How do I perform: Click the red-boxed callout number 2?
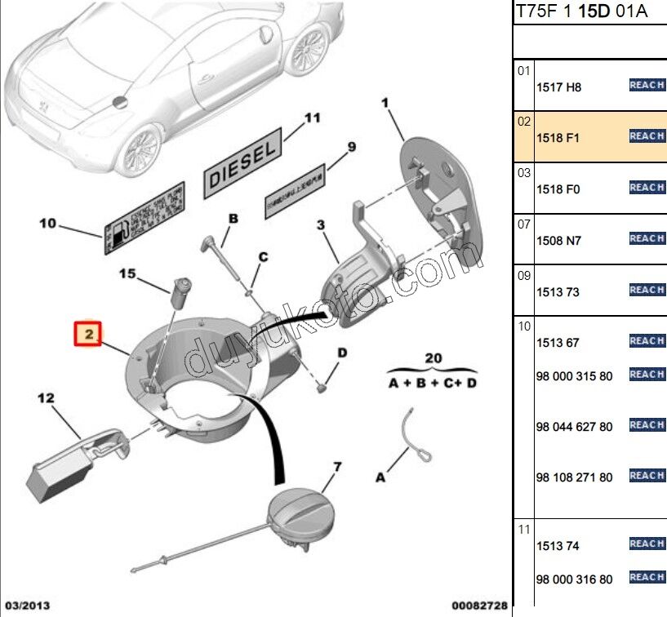coord(87,334)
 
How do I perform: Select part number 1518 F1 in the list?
coord(558,138)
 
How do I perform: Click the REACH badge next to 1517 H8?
coord(647,85)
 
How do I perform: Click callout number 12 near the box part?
coord(45,398)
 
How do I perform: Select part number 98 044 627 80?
coord(574,427)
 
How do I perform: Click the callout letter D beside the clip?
coord(343,353)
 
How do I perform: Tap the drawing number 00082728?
coord(481,605)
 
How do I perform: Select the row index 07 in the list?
coord(523,223)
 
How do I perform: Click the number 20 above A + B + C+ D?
coord(433,357)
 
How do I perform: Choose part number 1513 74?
coord(558,546)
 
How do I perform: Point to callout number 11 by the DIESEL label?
coord(313,118)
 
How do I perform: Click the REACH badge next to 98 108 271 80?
coord(647,475)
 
